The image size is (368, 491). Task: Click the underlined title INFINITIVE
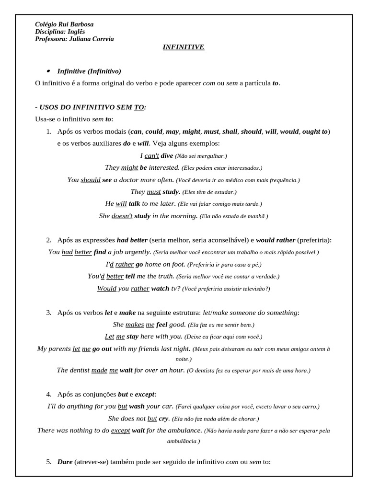184,47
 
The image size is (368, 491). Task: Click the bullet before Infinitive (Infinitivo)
48,70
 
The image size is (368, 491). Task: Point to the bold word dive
167,156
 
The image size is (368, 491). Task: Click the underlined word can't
151,156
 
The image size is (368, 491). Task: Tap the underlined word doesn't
122,216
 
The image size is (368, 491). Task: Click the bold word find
100,252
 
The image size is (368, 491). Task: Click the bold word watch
160,289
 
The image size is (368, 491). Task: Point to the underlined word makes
135,325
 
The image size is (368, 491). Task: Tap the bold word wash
137,406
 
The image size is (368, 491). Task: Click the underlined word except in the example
120,431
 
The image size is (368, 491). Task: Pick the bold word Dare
65,462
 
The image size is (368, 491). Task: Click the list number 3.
49,313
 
